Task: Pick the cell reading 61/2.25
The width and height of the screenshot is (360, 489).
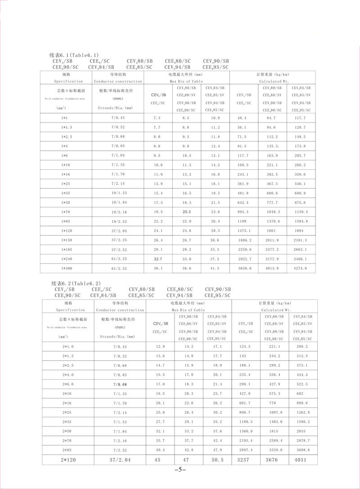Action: pos(118,258)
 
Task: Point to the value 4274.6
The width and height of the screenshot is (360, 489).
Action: pos(300,268)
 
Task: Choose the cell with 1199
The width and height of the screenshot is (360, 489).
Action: pos(243,221)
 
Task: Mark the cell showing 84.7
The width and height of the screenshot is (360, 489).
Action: pos(272,118)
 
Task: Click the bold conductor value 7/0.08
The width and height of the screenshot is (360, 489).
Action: pos(119,384)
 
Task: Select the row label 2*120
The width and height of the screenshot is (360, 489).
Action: pos(68,460)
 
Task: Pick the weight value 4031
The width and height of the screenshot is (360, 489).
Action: pos(302,460)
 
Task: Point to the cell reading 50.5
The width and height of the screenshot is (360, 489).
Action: pos(218,460)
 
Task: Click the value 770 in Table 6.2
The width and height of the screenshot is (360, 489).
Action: pos(273,403)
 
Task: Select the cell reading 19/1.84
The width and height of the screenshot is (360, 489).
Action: pos(118,202)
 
